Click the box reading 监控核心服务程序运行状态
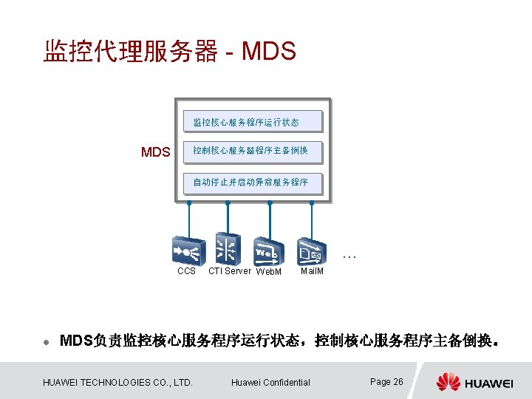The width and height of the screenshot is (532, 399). (x=253, y=121)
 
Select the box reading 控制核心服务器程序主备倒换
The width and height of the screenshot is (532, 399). (x=253, y=151)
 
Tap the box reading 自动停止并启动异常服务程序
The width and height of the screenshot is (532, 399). (x=253, y=183)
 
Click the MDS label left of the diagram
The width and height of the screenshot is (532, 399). (x=156, y=153)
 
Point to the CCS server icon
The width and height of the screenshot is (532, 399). (x=188, y=250)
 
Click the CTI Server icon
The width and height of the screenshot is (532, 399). (x=228, y=248)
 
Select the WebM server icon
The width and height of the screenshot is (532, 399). (x=268, y=251)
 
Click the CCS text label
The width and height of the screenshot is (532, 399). (x=187, y=271)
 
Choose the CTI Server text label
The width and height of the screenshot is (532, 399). (x=230, y=271)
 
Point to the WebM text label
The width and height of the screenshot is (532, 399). (x=269, y=272)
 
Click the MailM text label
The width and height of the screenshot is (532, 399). (x=312, y=271)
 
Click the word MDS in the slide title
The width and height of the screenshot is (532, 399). (x=269, y=52)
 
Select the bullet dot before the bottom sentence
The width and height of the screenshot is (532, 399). (x=46, y=342)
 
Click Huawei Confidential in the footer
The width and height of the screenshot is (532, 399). (x=270, y=382)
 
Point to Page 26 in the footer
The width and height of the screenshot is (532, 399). (x=386, y=381)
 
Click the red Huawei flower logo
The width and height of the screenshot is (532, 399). (x=448, y=382)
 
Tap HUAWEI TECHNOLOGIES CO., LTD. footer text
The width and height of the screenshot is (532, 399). (x=118, y=382)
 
